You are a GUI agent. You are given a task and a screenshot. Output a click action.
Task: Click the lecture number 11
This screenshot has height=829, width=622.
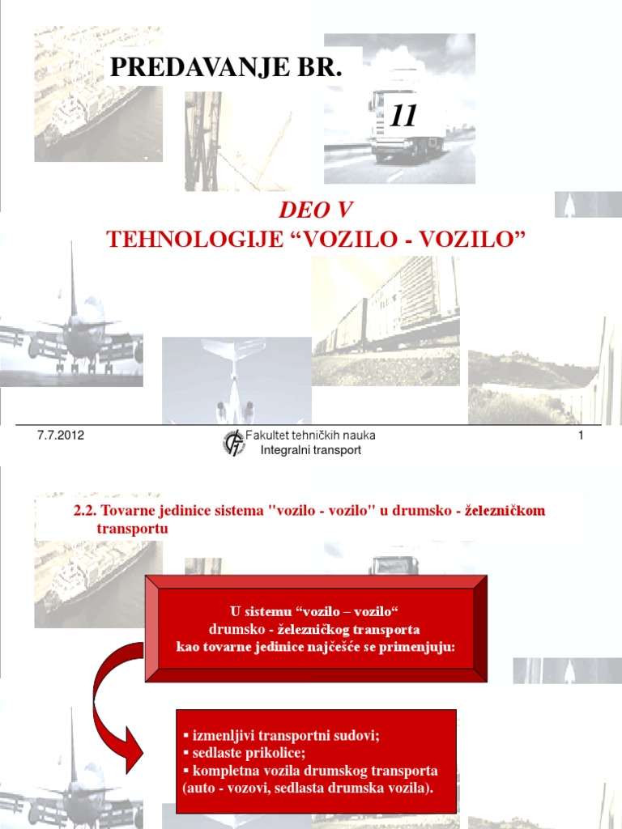403,117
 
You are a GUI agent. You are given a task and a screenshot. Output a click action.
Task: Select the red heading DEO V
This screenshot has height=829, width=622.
315,210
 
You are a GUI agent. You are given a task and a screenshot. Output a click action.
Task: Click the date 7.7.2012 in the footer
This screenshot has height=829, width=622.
61,436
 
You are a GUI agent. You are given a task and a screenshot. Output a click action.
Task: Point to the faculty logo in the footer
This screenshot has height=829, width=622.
233,443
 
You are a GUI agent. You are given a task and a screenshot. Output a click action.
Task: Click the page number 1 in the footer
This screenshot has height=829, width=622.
581,436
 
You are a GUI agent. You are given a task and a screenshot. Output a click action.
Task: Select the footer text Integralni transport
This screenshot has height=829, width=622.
311,450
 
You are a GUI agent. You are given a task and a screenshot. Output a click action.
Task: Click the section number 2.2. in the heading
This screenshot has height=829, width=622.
85,512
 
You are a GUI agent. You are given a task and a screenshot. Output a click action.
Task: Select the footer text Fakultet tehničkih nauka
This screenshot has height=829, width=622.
316,436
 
